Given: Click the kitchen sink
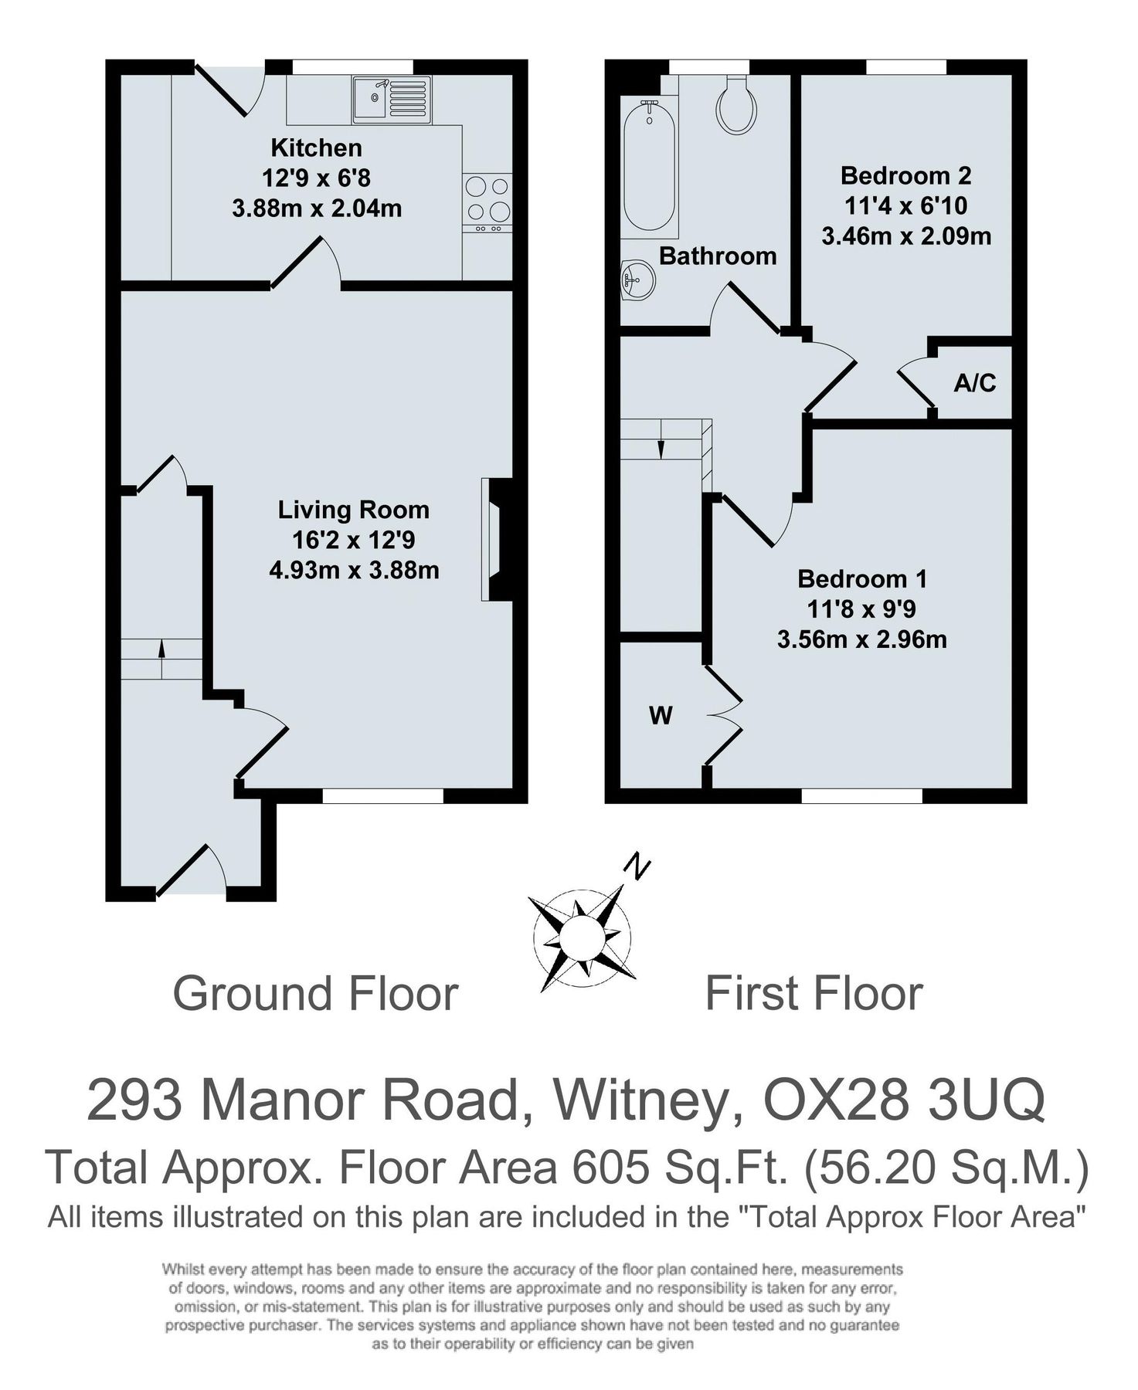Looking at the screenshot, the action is tap(392, 100).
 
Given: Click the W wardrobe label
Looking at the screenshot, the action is tap(661, 716).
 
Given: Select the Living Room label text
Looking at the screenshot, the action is tap(353, 510).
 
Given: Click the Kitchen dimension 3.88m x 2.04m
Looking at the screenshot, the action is tap(317, 208).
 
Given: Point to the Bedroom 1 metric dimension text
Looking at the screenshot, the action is tap(862, 639).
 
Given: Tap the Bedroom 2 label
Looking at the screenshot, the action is tap(906, 176).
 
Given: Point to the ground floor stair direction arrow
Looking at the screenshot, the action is tap(161, 650).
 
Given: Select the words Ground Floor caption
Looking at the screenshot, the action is tap(315, 993).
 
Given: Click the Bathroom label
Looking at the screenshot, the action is tap(718, 256).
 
